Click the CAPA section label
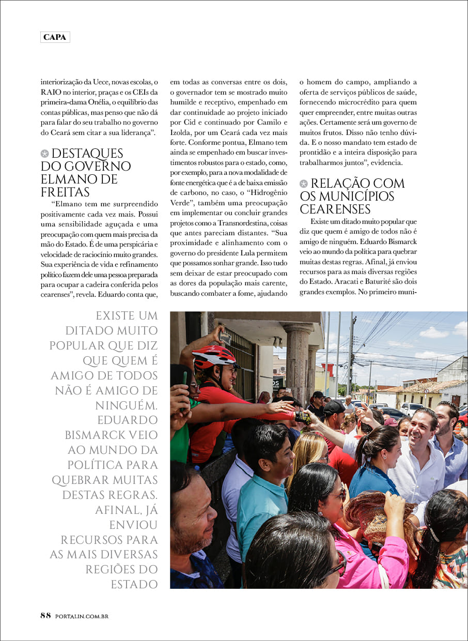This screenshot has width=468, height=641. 55,37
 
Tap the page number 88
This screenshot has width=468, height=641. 45,615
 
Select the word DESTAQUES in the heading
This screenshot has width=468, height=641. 87,154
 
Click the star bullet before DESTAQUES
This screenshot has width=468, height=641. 45,154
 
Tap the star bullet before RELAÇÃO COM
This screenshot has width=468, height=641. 304,184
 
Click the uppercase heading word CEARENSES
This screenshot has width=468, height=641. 335,209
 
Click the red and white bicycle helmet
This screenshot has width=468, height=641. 213,356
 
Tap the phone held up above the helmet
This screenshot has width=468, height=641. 225,338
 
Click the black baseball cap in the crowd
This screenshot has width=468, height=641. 334,408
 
